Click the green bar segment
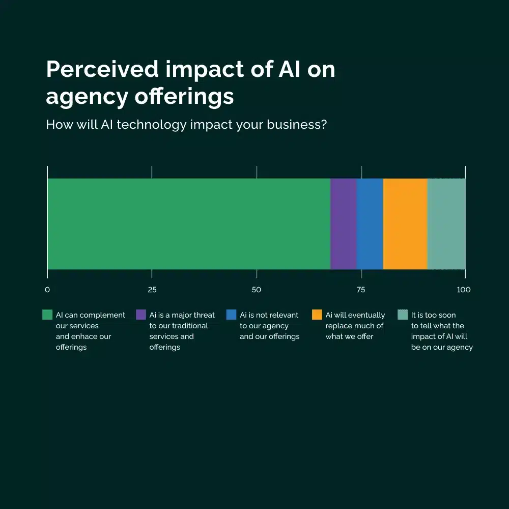[188, 223]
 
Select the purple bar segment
[343, 223]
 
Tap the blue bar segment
[370, 223]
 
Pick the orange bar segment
[405, 223]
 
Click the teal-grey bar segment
[446, 223]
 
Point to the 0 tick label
[47, 290]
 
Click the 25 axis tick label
[152, 290]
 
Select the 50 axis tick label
[257, 290]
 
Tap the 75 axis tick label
[361, 290]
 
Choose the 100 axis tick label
[464, 290]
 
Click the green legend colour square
[47, 315]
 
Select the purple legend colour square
[141, 315]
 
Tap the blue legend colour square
[231, 315]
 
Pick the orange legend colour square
[317, 315]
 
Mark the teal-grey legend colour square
[403, 315]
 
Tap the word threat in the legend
[203, 315]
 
